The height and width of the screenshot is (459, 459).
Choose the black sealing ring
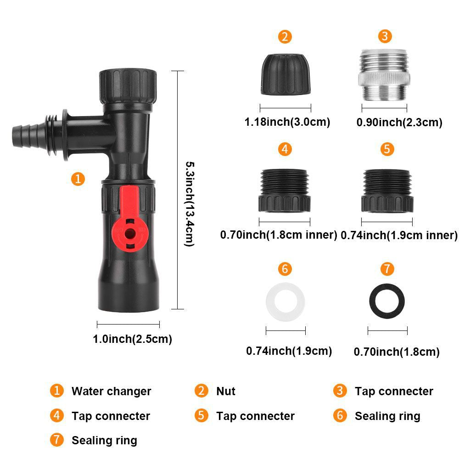(387, 303)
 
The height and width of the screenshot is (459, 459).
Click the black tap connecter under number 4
(285, 190)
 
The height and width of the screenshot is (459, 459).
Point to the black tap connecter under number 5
(387, 190)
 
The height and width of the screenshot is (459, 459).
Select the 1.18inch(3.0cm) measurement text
(287, 122)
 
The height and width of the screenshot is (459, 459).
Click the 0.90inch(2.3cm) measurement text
(399, 122)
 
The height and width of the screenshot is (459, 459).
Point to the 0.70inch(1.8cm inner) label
(279, 235)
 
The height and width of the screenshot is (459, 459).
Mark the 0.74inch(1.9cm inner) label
(400, 235)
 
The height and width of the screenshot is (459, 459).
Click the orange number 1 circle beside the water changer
(78, 179)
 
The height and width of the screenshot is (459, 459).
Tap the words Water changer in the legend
(111, 392)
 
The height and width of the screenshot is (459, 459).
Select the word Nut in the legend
(225, 392)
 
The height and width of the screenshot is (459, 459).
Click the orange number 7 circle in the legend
(56, 440)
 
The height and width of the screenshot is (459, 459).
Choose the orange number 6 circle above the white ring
(285, 269)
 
